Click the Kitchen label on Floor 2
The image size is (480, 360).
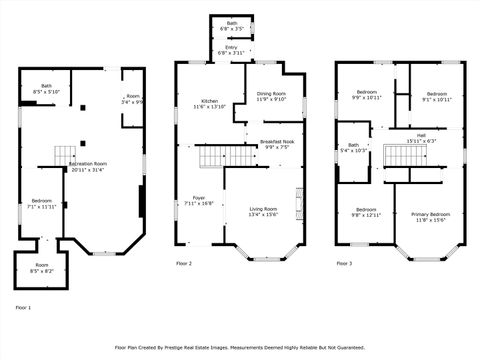pos(209,101)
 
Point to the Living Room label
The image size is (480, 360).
pos(264,209)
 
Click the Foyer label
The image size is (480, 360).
pos(199,198)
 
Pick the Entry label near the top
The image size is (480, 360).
pos(231,47)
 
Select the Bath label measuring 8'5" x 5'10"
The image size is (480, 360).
pos(47,87)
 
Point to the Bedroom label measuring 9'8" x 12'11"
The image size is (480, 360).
pos(366,212)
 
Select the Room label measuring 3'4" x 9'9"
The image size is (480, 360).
pos(132,99)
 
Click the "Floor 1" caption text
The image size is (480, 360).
pos(22,307)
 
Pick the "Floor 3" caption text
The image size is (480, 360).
pos(343,263)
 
